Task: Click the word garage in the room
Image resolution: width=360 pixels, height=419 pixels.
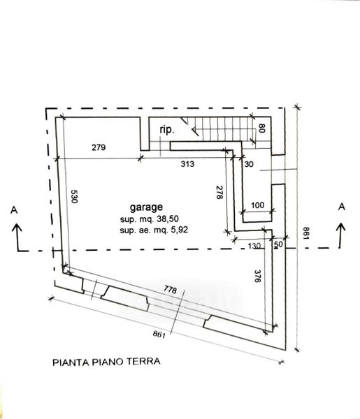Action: click(146, 207)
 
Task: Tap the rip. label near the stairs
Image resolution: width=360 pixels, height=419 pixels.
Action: click(167, 130)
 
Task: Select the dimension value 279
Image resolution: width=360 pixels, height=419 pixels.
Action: click(99, 147)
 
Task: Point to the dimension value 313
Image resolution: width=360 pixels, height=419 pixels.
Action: click(187, 164)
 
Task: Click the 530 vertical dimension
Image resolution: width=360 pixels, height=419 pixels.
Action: click(74, 196)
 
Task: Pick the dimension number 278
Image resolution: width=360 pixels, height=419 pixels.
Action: click(219, 193)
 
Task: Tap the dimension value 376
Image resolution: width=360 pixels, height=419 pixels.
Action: click(257, 277)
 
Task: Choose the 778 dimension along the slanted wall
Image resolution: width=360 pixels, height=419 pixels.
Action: click(171, 289)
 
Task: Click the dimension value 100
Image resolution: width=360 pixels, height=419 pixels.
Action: click(257, 205)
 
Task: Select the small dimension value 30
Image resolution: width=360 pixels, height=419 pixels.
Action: click(249, 164)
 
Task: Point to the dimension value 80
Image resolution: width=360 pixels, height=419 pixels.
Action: click(262, 128)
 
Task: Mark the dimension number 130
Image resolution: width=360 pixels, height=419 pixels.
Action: click(254, 246)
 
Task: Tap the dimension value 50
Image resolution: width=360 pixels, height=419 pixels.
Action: click(278, 244)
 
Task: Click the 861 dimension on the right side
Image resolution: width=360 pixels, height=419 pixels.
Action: click(306, 233)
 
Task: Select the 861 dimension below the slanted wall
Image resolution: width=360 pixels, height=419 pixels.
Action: click(159, 334)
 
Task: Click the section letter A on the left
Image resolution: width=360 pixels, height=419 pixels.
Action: click(14, 210)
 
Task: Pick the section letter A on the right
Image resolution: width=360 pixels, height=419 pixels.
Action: click(342, 207)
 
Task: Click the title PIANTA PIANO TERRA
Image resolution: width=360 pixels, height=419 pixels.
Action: click(106, 362)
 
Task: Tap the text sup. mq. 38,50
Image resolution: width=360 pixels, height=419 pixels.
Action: click(149, 219)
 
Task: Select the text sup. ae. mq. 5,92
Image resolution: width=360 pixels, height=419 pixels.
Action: click(154, 230)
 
